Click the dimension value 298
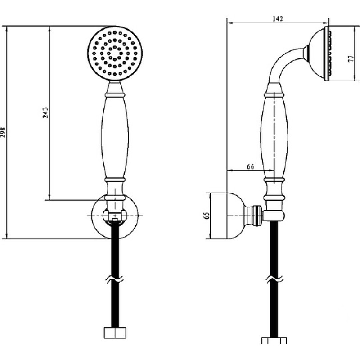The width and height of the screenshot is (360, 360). [x=3, y=132]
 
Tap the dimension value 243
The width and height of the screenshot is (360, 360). [x=46, y=112]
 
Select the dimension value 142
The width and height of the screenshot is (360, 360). [x=278, y=18]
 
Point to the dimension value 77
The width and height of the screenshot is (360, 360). [x=351, y=58]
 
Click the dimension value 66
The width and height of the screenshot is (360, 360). [x=251, y=166]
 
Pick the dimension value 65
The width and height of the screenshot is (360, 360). [x=207, y=216]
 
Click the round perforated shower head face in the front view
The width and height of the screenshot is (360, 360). [x=115, y=53]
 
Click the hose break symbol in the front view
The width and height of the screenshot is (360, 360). [x=115, y=279]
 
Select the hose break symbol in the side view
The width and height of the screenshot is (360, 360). [x=274, y=279]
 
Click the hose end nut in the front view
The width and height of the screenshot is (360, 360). [x=115, y=333]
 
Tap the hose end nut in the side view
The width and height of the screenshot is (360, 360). [x=274, y=340]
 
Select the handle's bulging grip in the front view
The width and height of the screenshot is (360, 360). [x=115, y=137]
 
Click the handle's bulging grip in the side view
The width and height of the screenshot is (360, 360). [x=274, y=137]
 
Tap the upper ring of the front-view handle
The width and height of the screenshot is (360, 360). [x=115, y=94]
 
